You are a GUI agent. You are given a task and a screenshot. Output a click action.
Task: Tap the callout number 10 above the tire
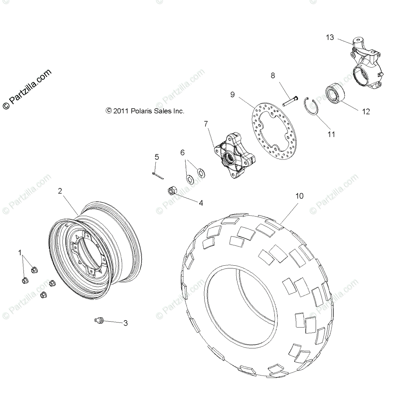pyautogui.click(x=299, y=196)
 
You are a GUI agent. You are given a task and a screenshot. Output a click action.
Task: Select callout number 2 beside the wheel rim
pyautogui.click(x=60, y=191)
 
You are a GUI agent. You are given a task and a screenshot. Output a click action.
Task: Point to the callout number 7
pyautogui.click(x=206, y=124)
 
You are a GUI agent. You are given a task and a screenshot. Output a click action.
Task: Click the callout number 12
pyautogui.click(x=365, y=112)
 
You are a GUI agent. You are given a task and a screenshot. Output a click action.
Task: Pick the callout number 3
pyautogui.click(x=125, y=323)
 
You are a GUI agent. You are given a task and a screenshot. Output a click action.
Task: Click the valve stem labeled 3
pyautogui.click(x=99, y=320)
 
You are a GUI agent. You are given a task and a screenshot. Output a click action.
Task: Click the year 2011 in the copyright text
pyautogui.click(x=121, y=111)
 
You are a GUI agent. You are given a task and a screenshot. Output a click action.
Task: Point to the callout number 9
pyautogui.click(x=232, y=95)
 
